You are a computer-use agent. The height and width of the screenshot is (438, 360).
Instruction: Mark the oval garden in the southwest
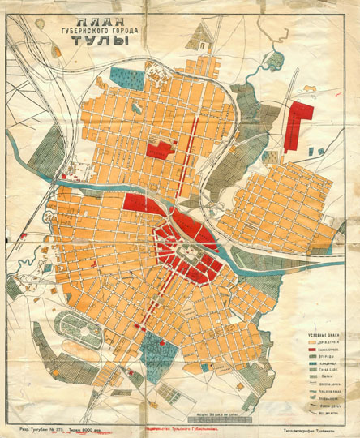point(77,328)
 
